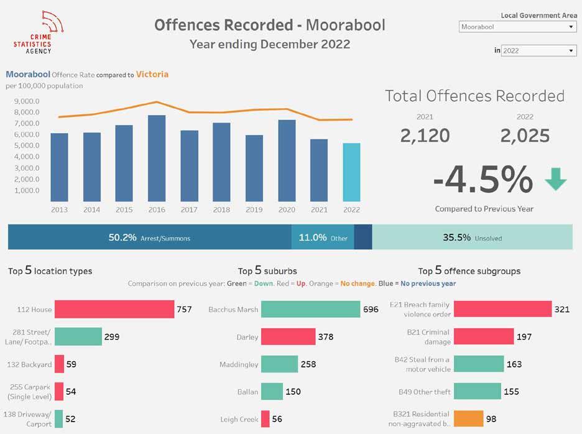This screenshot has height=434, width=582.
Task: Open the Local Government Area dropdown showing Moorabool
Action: click(518, 27)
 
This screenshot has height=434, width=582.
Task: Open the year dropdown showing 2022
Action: click(539, 50)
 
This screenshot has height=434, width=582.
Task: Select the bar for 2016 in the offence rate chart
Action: click(157, 159)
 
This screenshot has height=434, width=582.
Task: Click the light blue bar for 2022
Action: click(351, 172)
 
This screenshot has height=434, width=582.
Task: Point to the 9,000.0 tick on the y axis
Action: click(22, 101)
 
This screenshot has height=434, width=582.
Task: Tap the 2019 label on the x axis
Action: click(254, 210)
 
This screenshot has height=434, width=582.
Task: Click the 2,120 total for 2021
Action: click(425, 136)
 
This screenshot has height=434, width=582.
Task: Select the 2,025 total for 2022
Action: click(525, 136)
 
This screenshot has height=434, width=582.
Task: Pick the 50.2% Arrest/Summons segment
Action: click(149, 238)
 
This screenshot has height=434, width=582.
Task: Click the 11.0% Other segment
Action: click(323, 238)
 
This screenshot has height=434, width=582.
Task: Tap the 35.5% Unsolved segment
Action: click(472, 238)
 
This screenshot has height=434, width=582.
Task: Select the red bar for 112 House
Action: click(114, 309)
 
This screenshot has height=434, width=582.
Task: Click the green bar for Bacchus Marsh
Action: click(310, 309)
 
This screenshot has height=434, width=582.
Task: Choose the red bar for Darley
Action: click(288, 336)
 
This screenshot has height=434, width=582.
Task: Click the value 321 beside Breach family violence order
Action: click(562, 309)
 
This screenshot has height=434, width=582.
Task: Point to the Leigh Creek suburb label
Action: click(239, 419)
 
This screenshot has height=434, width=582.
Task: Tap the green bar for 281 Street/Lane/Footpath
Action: click(78, 336)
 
